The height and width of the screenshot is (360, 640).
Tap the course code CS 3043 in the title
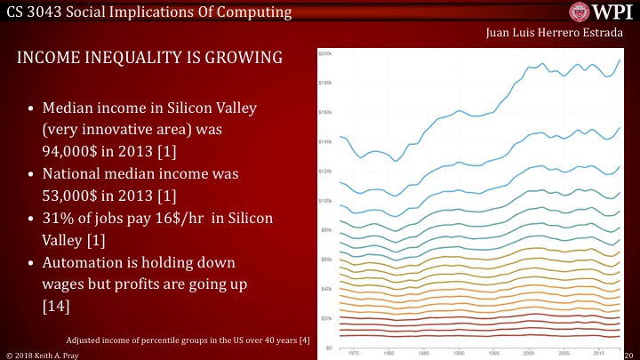(x=38, y=12)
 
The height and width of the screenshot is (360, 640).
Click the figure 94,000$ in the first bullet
(x=74, y=151)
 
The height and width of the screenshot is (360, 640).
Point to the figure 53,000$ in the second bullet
(x=74, y=195)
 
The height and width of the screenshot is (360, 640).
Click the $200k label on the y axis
(x=324, y=54)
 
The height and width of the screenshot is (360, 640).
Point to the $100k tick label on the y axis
(x=324, y=201)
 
